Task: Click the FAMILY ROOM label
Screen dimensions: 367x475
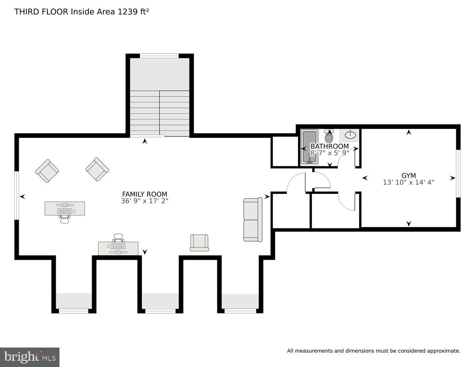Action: (145, 194)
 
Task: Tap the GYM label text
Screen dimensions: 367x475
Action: (409, 175)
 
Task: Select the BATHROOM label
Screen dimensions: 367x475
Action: (330, 146)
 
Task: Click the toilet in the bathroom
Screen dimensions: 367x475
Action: (329, 137)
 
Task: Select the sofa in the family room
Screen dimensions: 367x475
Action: (253, 219)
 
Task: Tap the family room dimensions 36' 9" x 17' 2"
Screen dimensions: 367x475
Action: (145, 201)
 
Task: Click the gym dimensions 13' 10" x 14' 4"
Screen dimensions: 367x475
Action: (409, 182)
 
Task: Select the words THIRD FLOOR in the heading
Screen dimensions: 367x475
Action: (41, 11)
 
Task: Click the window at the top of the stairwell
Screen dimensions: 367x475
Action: (159, 56)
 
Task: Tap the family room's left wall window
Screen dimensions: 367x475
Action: (17, 195)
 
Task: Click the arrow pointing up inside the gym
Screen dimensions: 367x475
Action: (409, 132)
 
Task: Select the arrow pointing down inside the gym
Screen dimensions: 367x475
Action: (409, 224)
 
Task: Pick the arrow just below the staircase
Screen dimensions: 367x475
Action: (145, 141)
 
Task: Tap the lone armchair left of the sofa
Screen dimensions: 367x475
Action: (199, 243)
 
